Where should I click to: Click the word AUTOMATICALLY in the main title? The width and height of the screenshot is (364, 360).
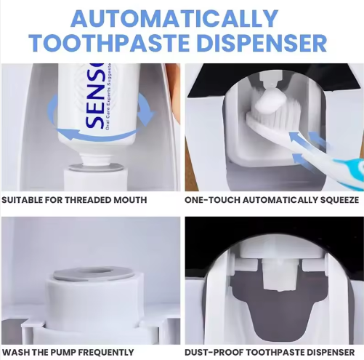(x=174, y=19)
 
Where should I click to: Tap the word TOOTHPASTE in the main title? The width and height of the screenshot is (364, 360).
(x=109, y=43)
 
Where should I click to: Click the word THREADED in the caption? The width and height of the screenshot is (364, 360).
(x=89, y=200)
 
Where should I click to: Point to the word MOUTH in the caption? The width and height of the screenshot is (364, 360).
(x=130, y=200)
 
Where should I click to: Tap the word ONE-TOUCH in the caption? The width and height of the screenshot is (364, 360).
(x=212, y=200)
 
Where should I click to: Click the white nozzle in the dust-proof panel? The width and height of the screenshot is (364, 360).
(x=280, y=274)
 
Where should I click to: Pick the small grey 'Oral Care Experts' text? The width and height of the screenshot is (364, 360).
(x=109, y=96)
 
